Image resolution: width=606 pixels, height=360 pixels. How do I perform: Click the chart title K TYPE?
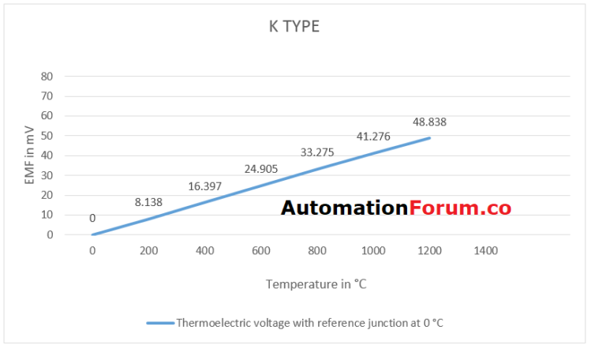click(294, 27)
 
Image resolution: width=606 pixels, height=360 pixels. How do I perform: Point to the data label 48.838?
click(430, 122)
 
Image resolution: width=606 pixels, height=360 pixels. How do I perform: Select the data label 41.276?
click(373, 136)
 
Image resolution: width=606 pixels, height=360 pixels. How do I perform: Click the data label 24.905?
click(261, 168)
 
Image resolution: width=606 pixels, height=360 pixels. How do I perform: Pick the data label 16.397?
click(205, 186)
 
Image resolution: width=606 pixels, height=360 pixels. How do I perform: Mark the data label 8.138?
click(148, 202)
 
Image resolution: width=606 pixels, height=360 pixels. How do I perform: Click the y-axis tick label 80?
click(47, 77)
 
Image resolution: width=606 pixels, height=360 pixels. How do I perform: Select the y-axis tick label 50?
click(47, 136)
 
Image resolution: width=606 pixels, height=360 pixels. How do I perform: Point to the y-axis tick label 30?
click(47, 175)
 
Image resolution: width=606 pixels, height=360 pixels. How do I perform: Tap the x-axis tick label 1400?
click(486, 250)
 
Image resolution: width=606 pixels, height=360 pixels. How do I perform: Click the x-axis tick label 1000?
click(373, 250)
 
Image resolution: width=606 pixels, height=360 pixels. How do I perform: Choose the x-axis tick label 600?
click(261, 250)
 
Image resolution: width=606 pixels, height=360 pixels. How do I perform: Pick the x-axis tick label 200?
click(148, 250)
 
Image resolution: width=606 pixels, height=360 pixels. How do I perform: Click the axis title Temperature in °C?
click(316, 284)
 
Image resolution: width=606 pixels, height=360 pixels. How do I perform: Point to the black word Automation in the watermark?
click(344, 208)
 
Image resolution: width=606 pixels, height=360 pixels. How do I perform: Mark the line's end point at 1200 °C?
click(430, 138)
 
